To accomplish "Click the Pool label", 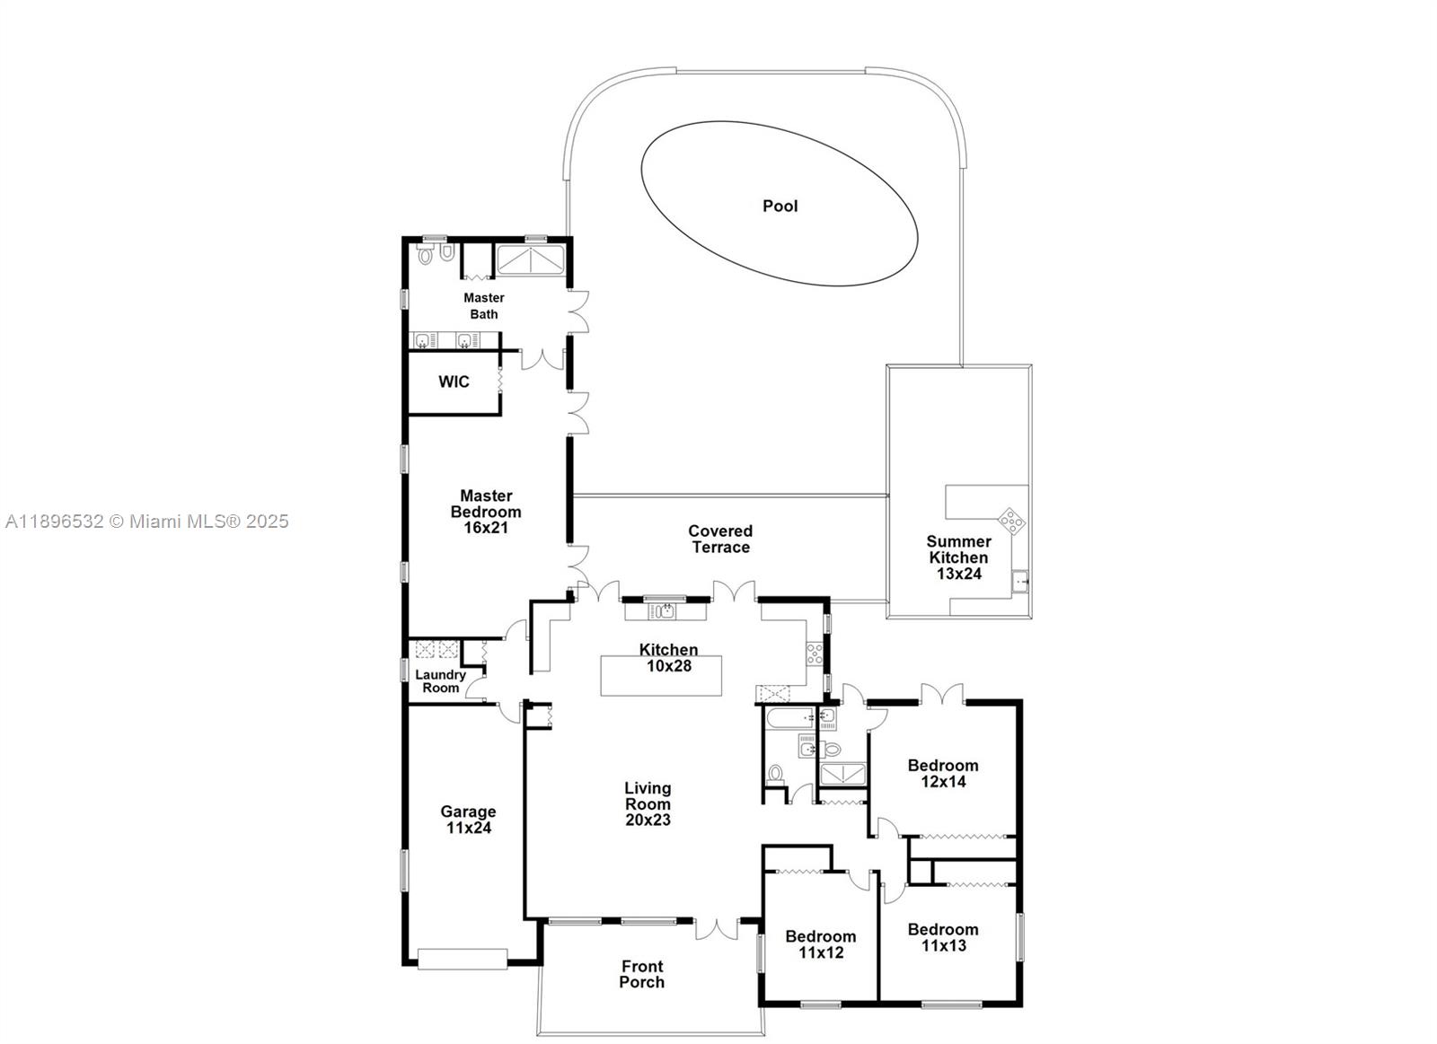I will click(x=780, y=206).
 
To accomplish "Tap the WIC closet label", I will click(x=454, y=382).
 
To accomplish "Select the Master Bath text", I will click(x=483, y=305).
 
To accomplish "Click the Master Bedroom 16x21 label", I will click(x=486, y=511).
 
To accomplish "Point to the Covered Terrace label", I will click(x=720, y=539).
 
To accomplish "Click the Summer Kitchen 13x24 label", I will click(x=958, y=557).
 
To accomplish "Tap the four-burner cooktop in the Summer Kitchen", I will click(x=1011, y=520).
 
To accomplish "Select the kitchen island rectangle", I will click(x=661, y=675).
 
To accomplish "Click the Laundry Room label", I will click(x=440, y=680).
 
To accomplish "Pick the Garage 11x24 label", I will click(x=468, y=819).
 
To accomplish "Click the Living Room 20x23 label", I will click(x=648, y=803).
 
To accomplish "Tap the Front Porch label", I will click(x=642, y=974).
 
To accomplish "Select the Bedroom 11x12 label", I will click(x=821, y=944).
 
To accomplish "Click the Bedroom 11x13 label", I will click(x=942, y=937).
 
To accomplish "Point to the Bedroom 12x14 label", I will click(x=942, y=773).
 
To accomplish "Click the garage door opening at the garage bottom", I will click(x=462, y=959).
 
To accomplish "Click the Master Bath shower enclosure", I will click(x=531, y=259).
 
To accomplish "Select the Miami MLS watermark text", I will click(x=146, y=521).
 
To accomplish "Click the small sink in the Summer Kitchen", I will click(x=1020, y=582).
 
